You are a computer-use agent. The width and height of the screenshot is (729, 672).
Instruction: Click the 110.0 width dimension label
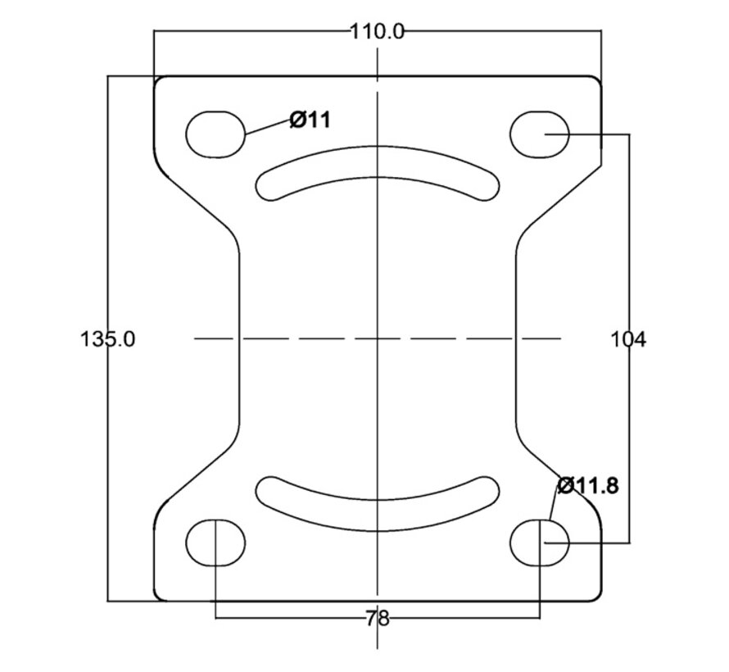tap(377, 33)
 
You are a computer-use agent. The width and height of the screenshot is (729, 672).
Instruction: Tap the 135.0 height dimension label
tap(108, 339)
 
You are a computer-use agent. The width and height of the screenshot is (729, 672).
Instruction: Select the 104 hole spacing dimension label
tap(627, 339)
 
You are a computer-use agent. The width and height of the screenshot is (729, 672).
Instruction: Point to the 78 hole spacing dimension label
tap(378, 619)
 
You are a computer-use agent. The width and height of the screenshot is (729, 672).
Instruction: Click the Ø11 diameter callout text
tap(310, 120)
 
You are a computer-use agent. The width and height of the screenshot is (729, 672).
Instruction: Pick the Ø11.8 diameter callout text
tap(588, 486)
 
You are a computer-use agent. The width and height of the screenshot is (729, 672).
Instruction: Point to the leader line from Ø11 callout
tap(268, 127)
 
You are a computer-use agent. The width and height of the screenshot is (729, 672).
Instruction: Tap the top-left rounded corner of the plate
tap(158, 80)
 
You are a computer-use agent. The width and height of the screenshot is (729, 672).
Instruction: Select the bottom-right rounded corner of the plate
tap(597, 597)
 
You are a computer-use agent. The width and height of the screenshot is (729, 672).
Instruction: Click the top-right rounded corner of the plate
tap(597, 80)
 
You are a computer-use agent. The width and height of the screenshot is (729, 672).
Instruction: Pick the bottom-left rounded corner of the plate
tap(158, 597)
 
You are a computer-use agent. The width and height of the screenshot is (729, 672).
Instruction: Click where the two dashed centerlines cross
tap(378, 338)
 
